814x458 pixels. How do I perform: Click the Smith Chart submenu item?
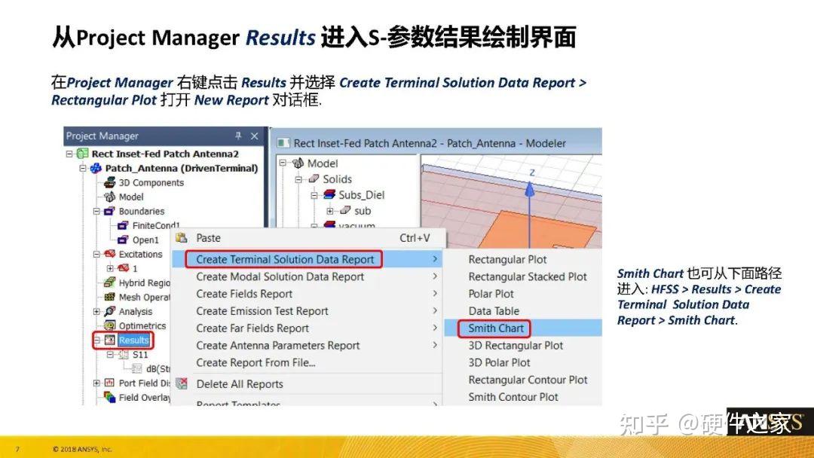coord(495,328)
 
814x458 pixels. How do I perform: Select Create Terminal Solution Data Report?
coord(285,259)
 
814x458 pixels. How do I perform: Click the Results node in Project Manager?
coord(133,340)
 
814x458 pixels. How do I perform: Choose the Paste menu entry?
coord(208,238)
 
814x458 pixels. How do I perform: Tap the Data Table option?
coord(494,311)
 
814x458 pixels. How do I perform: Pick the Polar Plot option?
coord(491,294)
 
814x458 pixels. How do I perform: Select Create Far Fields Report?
coord(252,328)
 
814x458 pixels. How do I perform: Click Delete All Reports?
coord(240,384)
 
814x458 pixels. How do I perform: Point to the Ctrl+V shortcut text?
coord(415,238)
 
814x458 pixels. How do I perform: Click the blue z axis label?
coord(531,173)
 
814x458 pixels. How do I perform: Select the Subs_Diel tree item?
coord(361,195)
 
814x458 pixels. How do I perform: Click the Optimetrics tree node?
coord(142,326)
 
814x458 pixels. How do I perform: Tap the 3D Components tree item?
coord(151,183)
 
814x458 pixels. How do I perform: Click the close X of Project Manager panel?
coord(254,136)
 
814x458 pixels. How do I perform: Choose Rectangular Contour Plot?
coord(528,380)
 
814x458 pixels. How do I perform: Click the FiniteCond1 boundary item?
coord(156,226)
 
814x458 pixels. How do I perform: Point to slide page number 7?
coord(17,450)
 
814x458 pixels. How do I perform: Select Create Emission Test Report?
coord(262,311)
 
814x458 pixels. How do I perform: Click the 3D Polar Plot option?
coord(499,363)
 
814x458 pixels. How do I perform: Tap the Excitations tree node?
coord(140,255)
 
